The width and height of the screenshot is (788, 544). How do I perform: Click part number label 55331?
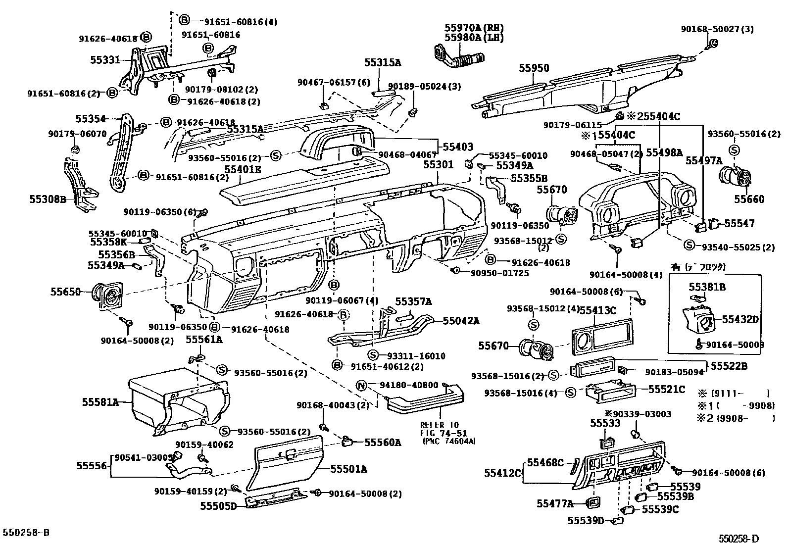pyautogui.click(x=104, y=60)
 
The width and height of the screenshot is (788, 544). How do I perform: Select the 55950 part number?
pyautogui.click(x=534, y=68)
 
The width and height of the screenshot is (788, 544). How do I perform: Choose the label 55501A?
pyautogui.click(x=349, y=469)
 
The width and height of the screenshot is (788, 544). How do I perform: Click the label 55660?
pyautogui.click(x=749, y=199)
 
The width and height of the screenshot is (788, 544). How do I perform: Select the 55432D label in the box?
pyautogui.click(x=740, y=319)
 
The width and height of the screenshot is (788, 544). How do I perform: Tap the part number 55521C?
pyautogui.click(x=667, y=390)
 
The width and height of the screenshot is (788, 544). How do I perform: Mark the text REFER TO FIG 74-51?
pyautogui.click(x=440, y=429)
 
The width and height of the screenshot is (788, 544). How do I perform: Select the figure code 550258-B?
pyautogui.click(x=26, y=533)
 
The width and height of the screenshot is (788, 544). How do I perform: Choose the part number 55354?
pyautogui.click(x=91, y=119)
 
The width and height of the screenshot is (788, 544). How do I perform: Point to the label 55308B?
pyautogui.click(x=47, y=199)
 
